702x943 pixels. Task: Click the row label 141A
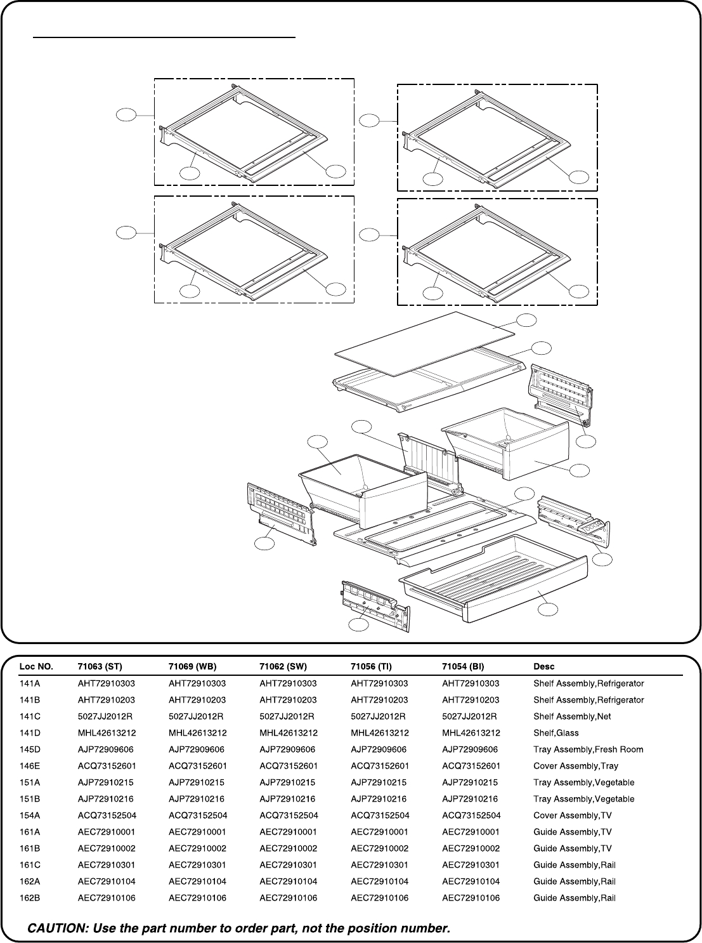click(30, 683)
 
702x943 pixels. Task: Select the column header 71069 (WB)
click(193, 666)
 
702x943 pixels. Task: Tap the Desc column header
click(544, 666)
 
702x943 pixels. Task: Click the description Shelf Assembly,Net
click(572, 716)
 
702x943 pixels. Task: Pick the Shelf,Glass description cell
click(556, 733)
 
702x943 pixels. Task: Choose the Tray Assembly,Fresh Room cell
click(588, 749)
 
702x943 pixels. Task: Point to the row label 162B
click(30, 898)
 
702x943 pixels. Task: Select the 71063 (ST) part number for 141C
click(105, 716)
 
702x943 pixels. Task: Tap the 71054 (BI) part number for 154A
click(471, 815)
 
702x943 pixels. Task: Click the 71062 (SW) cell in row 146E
click(289, 766)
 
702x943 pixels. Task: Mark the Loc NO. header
click(36, 666)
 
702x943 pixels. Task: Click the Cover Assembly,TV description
click(573, 815)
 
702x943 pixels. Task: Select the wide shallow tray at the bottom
click(493, 578)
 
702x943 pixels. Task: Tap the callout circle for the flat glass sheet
click(526, 320)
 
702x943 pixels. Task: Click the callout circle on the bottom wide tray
click(548, 610)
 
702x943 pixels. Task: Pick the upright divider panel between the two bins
click(429, 463)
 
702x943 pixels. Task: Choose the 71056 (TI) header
click(371, 666)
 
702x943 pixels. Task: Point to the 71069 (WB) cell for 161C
click(197, 865)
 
